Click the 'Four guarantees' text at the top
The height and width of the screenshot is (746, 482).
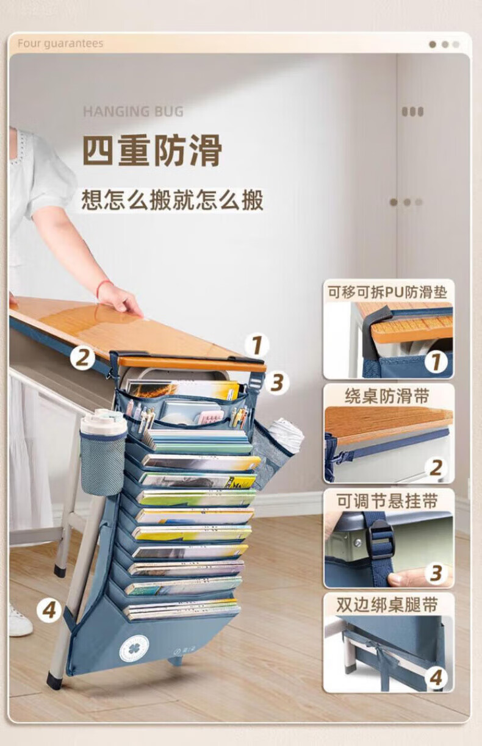(x=60, y=44)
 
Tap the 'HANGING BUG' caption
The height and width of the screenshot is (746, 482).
(x=133, y=111)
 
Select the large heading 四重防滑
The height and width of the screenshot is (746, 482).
(x=153, y=151)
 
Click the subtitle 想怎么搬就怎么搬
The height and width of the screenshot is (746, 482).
(x=173, y=199)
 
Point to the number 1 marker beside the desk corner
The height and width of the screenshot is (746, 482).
(x=257, y=345)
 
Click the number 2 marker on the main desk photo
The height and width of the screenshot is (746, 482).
(x=82, y=358)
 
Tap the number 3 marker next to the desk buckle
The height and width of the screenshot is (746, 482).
(x=276, y=382)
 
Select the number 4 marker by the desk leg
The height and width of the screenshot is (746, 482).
(x=49, y=611)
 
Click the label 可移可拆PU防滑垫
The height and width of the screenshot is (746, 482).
(x=387, y=292)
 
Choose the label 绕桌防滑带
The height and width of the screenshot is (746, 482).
(x=386, y=396)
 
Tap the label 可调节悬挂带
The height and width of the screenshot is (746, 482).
(x=387, y=501)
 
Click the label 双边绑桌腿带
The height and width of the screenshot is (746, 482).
(x=387, y=605)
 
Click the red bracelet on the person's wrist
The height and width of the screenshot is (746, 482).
(x=103, y=288)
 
